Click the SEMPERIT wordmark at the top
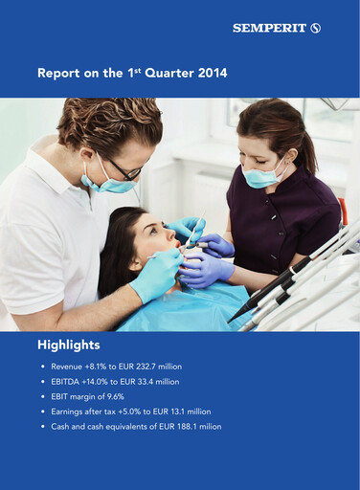(x=271, y=29)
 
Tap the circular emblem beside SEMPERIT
(x=316, y=29)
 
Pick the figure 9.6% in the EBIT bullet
(x=116, y=396)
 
